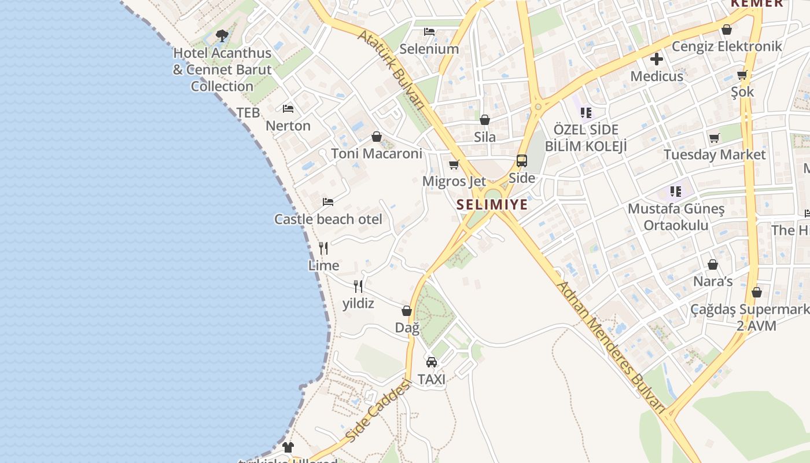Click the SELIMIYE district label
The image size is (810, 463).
492,204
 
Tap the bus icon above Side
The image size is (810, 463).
522,161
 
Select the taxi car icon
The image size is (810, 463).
432,362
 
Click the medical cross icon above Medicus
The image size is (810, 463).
657,59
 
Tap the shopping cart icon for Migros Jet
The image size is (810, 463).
454,165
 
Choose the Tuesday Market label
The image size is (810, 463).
715,155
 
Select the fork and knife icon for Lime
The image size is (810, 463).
323,248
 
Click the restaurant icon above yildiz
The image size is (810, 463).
358,286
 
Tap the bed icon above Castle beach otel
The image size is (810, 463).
328,202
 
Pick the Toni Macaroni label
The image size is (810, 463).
377,153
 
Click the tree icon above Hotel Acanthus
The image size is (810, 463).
222,36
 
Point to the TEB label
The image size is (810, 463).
248,113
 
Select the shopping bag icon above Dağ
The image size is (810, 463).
407,311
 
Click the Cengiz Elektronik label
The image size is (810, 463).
727,46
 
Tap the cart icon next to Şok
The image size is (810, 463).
742,75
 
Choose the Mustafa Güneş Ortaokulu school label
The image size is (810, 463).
676,216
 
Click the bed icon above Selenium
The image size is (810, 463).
429,32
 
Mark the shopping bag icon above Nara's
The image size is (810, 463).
713,264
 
